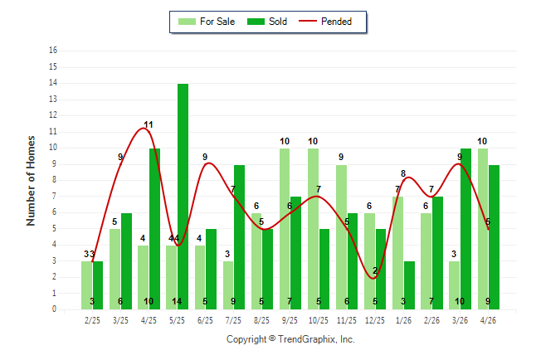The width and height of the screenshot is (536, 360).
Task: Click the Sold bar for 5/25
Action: click(183, 197)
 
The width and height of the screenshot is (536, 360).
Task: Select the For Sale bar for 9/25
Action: click(285, 229)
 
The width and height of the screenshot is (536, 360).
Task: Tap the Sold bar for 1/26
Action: click(409, 285)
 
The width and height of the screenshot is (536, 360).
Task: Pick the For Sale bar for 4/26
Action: click(483, 229)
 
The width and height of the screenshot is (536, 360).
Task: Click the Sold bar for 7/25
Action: click(239, 237)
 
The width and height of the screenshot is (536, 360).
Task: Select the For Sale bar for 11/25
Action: click(342, 237)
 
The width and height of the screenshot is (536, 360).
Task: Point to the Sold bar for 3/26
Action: click(465, 229)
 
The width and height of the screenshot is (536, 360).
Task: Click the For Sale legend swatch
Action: click(187, 22)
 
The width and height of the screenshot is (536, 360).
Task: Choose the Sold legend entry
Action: click(267, 22)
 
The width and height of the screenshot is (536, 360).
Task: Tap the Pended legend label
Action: click(336, 22)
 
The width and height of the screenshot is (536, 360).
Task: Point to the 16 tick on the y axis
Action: click(53, 51)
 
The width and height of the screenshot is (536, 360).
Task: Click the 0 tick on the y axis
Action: click(55, 309)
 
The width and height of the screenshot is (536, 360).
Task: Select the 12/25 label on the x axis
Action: click(375, 320)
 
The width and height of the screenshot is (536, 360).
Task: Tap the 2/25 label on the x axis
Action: click(92, 320)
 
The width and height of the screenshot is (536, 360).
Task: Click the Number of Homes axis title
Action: click(31, 181)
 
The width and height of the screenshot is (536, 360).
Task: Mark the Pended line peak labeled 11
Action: click(143, 128)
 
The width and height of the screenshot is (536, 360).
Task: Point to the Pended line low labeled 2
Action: click(373, 278)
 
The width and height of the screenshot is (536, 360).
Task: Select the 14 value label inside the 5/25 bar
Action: click(177, 301)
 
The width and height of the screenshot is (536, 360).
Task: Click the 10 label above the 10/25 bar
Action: click(313, 141)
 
